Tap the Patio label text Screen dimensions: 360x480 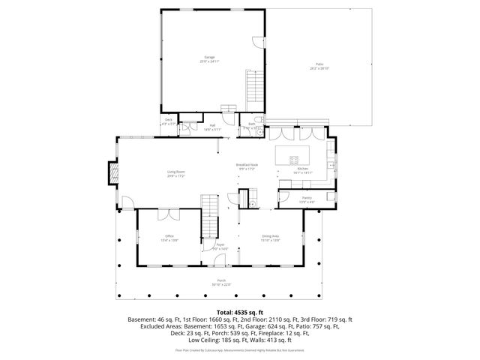[x=319, y=65]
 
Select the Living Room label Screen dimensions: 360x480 [x=176, y=173]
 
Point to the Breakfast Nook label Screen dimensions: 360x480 [x=247, y=166]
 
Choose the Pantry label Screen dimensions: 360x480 [x=307, y=199]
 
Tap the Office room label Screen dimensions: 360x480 [x=169, y=238]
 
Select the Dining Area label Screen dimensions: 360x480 [x=271, y=238]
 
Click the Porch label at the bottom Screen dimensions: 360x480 [x=221, y=283]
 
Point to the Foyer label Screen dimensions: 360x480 [x=220, y=246]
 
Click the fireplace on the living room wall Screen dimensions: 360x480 [x=112, y=173]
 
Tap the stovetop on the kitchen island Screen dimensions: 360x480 [x=294, y=159]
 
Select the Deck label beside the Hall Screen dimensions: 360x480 [x=168, y=122]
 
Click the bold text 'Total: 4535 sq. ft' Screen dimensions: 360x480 [x=239, y=310]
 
